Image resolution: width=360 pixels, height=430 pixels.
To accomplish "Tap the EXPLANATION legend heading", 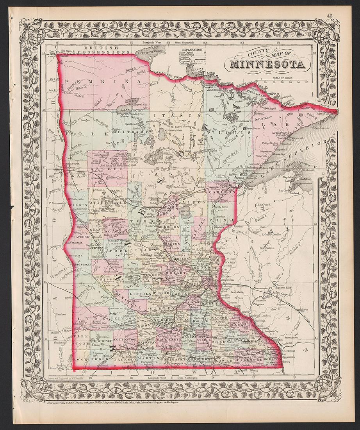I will click(191, 50).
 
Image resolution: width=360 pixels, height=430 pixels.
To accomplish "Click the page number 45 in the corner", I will click(330, 16).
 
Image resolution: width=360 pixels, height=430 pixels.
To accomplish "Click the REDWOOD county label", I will click(124, 319).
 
